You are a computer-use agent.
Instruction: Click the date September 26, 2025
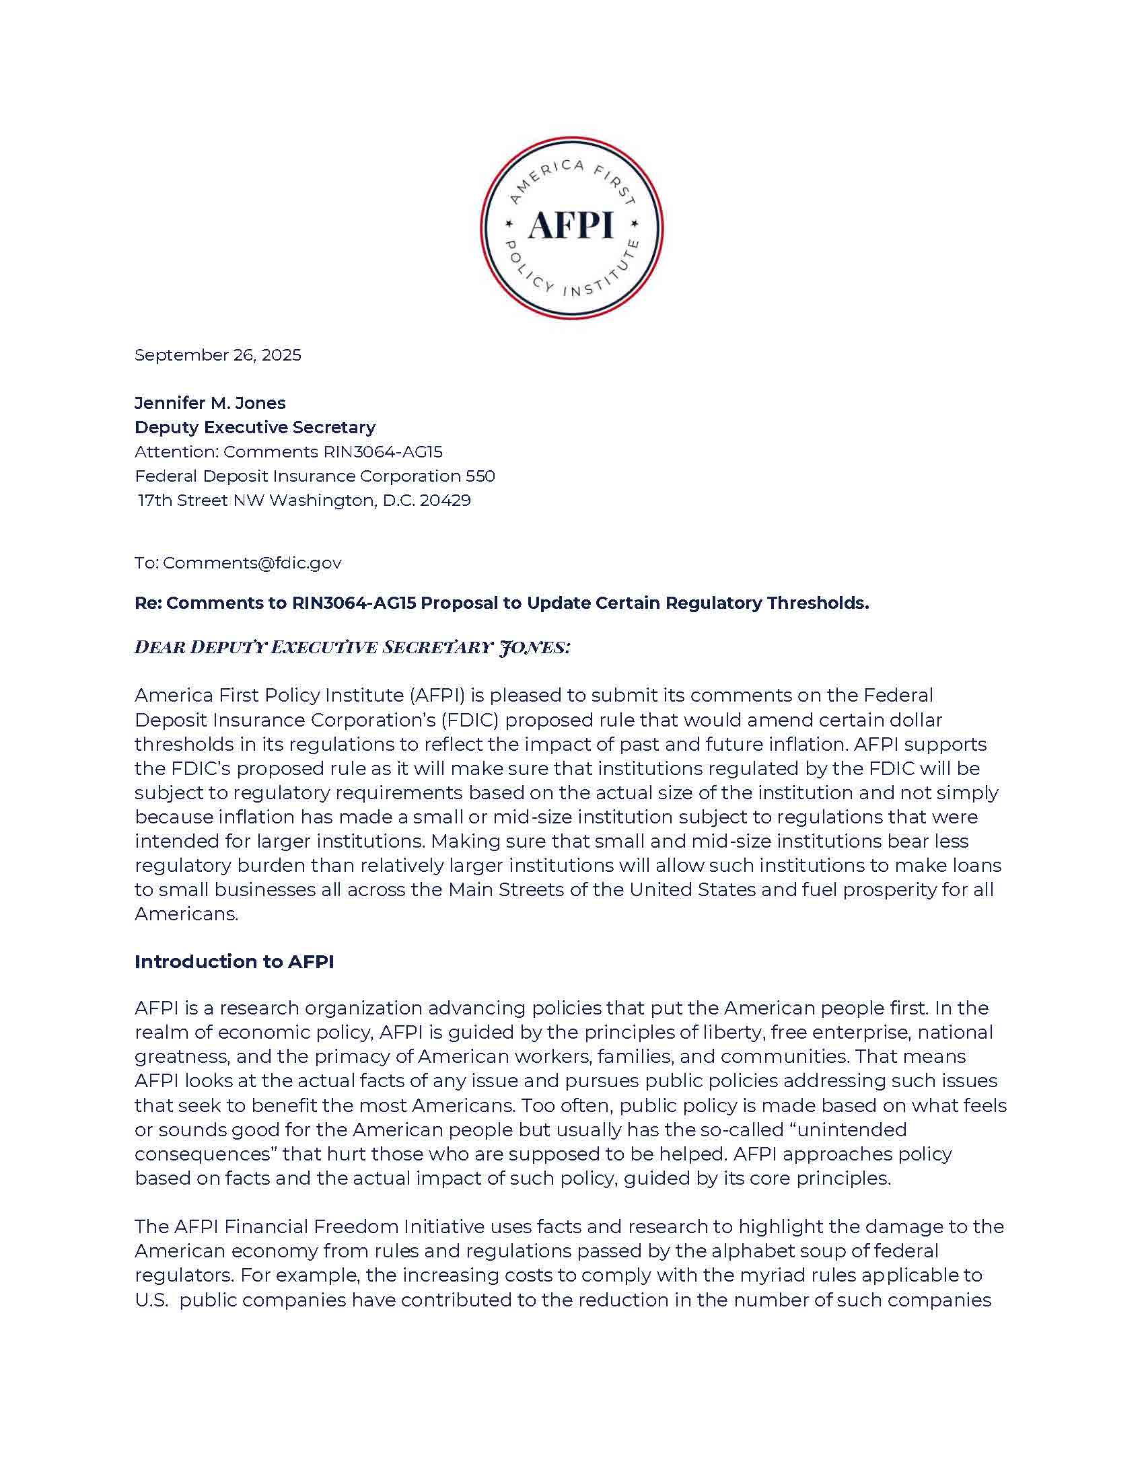(x=217, y=355)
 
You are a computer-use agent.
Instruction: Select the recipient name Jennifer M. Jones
(x=210, y=403)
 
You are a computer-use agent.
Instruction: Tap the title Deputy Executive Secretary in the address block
(x=255, y=428)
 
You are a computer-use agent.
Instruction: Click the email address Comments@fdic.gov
(x=252, y=563)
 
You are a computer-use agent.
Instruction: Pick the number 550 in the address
(x=480, y=476)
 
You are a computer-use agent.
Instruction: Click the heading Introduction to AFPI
(x=234, y=961)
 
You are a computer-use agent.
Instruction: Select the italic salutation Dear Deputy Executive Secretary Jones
(x=352, y=647)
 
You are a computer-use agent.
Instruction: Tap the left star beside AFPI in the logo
(x=509, y=223)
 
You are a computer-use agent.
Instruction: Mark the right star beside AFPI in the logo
(x=635, y=223)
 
